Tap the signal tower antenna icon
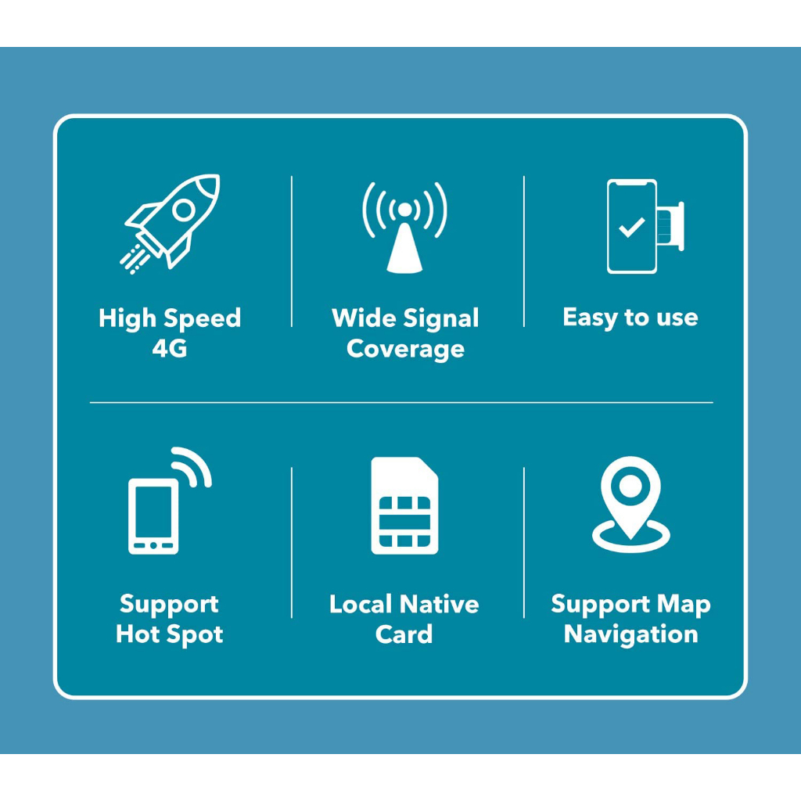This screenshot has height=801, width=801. [x=404, y=227]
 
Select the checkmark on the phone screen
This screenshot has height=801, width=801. [x=631, y=228]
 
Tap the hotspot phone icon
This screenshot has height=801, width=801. [x=154, y=516]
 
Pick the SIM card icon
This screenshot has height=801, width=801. [x=404, y=506]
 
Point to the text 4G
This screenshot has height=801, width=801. [x=170, y=349]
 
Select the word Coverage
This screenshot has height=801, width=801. [x=405, y=349]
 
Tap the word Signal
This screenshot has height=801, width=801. [x=442, y=319]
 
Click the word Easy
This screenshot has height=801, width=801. [x=590, y=318]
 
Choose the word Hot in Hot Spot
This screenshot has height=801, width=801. [x=138, y=634]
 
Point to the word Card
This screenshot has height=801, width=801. [x=404, y=634]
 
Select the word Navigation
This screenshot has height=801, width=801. [x=630, y=634]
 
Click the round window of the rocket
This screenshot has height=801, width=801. [x=184, y=209]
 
